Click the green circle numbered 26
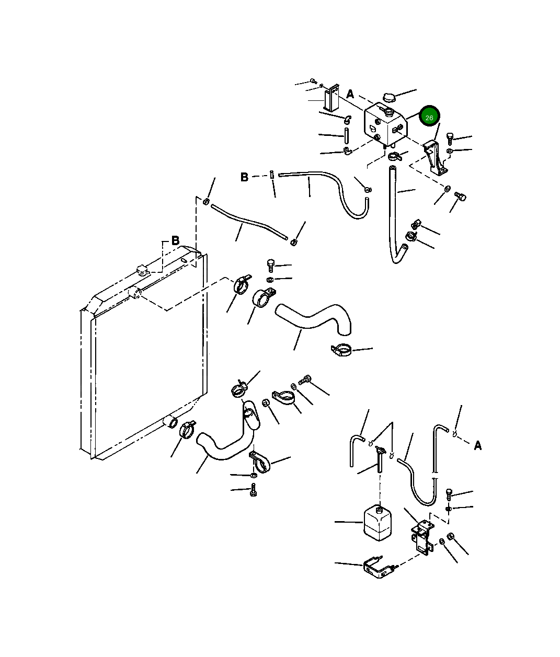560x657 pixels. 429,116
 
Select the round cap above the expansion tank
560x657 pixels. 389,97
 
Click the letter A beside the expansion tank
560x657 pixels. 350,95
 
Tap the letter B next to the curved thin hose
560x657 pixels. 244,177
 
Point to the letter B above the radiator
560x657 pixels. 175,240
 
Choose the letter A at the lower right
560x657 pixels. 477,446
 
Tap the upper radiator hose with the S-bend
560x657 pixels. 313,319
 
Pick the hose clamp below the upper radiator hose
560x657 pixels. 341,350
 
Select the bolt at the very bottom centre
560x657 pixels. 254,490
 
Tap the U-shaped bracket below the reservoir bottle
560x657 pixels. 380,567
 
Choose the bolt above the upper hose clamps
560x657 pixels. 270,266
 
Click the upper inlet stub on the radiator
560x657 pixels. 135,292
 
